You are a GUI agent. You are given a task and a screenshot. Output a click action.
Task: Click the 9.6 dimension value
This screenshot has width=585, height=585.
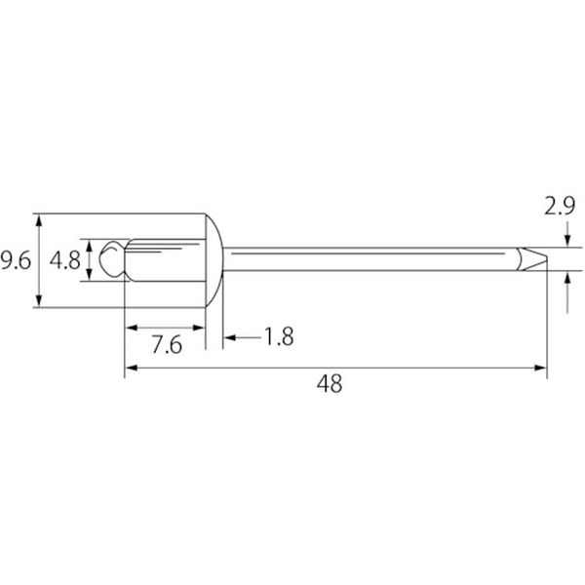point(16,260)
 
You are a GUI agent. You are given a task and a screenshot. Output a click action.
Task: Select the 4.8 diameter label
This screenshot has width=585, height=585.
point(65,260)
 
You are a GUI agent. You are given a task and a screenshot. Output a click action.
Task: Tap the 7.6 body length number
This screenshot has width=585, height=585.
point(167,345)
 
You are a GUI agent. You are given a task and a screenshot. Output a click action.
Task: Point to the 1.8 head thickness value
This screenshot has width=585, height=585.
point(279,336)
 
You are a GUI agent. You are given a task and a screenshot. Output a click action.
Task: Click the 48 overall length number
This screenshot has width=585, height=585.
point(330,383)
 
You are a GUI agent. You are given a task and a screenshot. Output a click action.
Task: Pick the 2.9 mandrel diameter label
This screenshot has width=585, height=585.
point(560,206)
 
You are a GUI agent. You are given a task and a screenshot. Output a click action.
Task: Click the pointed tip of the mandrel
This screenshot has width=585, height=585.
point(547,258)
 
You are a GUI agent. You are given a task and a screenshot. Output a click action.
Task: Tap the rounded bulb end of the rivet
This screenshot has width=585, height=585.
point(111,259)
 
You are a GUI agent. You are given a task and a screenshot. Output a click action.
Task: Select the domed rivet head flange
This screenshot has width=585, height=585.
point(214,260)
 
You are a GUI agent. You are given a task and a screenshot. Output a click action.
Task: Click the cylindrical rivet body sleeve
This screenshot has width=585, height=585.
point(165,260)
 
